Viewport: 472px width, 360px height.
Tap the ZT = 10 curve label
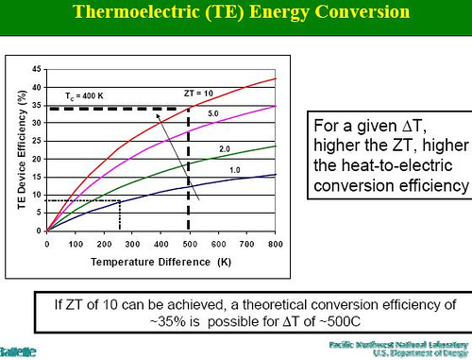(x=199, y=92)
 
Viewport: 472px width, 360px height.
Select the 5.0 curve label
(x=214, y=112)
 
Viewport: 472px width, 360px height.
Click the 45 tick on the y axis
(x=36, y=69)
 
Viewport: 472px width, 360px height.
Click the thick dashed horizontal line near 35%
(x=113, y=110)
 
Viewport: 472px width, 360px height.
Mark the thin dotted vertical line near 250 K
(x=120, y=214)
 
